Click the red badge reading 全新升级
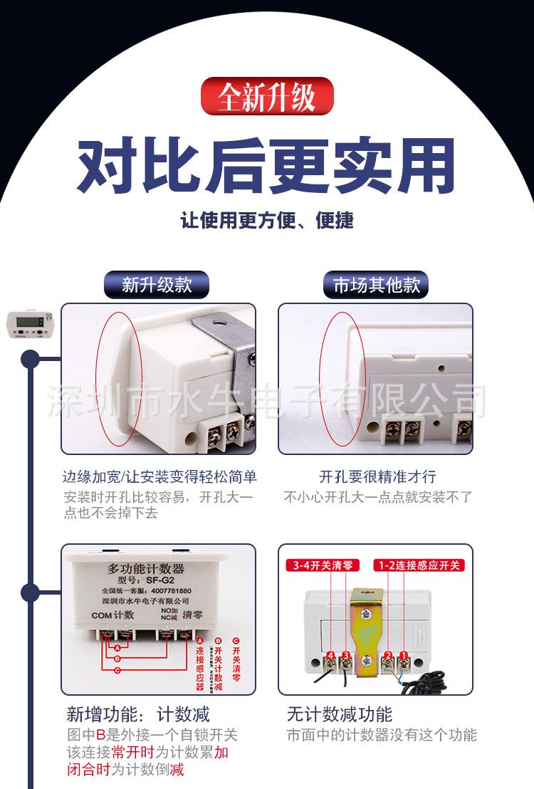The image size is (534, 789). [267, 97]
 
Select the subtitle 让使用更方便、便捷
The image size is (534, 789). [267, 220]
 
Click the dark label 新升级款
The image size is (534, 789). [157, 285]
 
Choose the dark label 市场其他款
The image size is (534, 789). [377, 285]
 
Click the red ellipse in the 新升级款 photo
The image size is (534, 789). [120, 379]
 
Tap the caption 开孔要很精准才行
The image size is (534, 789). [377, 476]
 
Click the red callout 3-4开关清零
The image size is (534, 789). [325, 565]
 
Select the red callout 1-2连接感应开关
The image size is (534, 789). [419, 565]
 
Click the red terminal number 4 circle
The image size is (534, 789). [331, 656]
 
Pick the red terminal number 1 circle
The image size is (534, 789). [403, 656]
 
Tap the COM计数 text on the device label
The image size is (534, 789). [112, 615]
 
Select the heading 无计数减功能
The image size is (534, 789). [340, 714]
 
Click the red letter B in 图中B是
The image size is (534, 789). [100, 735]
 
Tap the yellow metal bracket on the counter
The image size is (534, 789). [366, 627]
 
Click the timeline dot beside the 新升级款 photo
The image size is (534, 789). [30, 358]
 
